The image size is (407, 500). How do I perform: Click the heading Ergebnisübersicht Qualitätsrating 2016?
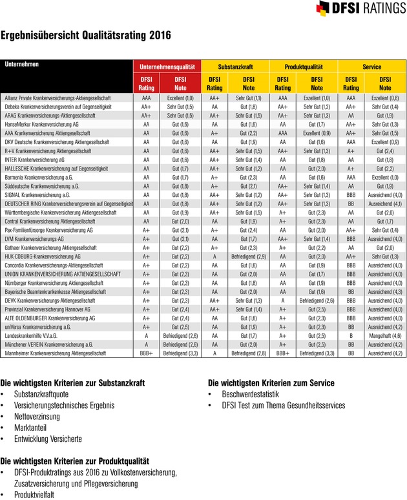pos(87,36)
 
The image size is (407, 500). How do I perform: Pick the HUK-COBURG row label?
pos(47,256)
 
